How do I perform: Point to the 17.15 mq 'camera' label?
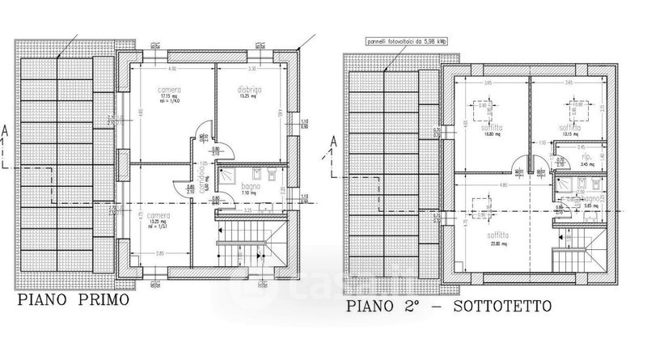tap(169, 90)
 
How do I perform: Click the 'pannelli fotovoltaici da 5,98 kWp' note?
tap(416, 40)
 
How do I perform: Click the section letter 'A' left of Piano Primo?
tap(6, 130)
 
